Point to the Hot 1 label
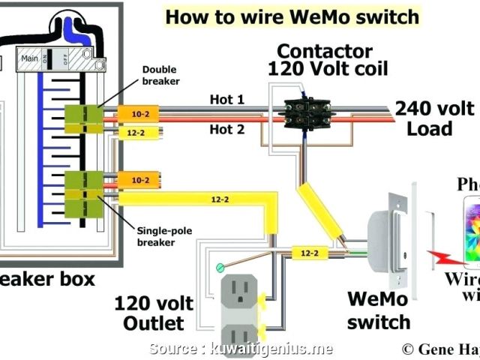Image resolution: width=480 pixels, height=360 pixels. point(226,100)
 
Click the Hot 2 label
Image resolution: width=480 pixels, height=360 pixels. point(226,129)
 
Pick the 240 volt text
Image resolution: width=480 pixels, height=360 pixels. point(435,109)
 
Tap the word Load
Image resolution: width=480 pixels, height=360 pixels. point(429,129)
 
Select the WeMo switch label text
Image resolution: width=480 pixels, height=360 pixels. point(379,310)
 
